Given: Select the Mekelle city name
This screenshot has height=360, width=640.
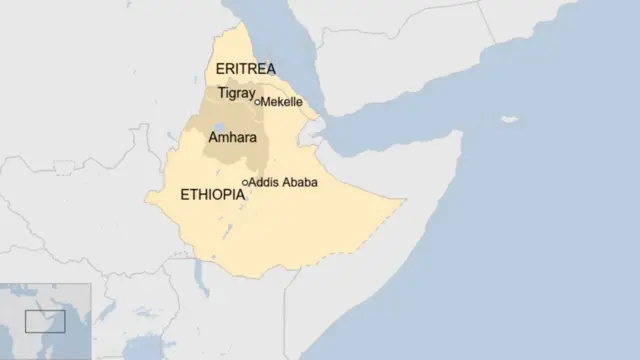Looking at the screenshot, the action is pos(282,102).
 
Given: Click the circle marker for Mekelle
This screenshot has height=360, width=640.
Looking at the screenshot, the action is pos(257,102).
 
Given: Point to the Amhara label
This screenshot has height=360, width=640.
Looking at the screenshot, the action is pos(230,139).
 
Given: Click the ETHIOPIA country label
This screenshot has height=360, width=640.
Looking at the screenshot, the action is pos(212,195).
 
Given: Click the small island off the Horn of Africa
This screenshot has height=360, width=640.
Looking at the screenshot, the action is pos(511,120).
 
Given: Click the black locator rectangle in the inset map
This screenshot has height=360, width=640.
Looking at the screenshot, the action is pos(44,321).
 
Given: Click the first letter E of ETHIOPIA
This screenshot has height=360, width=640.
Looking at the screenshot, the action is pos(185,195).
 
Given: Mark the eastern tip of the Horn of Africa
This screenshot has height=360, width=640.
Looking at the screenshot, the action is pos(462,132).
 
